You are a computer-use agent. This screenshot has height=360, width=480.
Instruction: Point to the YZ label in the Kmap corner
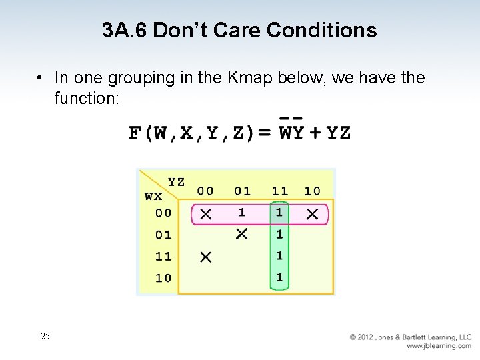[176, 182]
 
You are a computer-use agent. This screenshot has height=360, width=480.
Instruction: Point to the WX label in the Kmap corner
[153, 197]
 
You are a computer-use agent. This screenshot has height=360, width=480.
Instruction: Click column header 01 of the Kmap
[242, 191]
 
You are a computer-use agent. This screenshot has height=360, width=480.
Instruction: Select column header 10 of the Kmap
[312, 191]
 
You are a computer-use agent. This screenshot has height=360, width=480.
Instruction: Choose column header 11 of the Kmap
[279, 191]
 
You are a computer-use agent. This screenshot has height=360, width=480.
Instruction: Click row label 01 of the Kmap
[163, 235]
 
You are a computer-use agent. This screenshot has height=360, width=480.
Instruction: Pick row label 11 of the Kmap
[163, 256]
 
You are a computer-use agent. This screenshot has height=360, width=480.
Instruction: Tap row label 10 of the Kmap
[163, 278]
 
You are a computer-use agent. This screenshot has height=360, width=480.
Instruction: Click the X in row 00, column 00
[205, 214]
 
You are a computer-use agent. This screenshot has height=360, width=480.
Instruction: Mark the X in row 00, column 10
[312, 214]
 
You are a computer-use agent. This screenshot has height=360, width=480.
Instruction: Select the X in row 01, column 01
[242, 234]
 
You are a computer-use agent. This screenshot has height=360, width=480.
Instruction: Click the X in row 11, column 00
[205, 257]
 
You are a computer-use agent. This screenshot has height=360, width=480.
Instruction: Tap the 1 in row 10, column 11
[279, 277]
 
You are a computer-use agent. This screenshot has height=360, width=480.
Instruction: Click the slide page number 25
[45, 337]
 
